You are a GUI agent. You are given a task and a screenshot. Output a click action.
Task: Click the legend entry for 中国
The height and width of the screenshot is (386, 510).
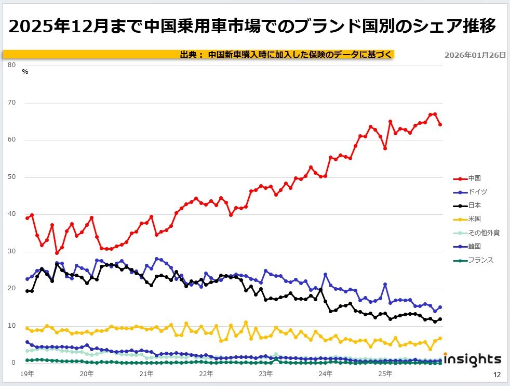click(x=473, y=178)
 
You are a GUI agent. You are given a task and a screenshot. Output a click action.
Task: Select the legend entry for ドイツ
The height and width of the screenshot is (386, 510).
click(x=477, y=192)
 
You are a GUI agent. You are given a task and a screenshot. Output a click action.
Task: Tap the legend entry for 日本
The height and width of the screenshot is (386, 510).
click(x=473, y=205)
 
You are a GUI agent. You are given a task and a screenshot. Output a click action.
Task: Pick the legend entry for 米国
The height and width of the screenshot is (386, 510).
click(x=473, y=219)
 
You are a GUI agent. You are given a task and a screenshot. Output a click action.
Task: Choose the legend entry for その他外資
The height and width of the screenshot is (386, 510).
click(x=483, y=233)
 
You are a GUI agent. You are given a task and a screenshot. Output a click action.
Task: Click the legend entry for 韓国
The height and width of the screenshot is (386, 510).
click(x=473, y=247)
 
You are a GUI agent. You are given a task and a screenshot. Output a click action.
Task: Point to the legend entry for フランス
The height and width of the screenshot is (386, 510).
click(x=480, y=260)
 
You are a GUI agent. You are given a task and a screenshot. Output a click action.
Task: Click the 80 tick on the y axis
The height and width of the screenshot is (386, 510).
click(x=12, y=66)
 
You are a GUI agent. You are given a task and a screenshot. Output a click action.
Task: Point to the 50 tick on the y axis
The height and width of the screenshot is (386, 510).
click(x=12, y=177)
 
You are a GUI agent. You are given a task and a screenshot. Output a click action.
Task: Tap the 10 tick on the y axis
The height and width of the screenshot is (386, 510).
click(x=12, y=326)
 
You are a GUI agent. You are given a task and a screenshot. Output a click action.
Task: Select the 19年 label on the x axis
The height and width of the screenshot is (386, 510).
click(x=28, y=374)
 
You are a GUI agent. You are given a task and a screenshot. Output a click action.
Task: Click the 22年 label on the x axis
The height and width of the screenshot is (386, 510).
click(x=206, y=374)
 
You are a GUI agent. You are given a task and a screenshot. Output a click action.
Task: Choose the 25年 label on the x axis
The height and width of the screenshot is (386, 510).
click(x=385, y=374)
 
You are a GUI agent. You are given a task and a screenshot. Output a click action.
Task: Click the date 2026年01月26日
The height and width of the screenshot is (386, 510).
click(x=475, y=55)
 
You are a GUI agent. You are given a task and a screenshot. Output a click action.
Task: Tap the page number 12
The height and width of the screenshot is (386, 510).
click(x=497, y=375)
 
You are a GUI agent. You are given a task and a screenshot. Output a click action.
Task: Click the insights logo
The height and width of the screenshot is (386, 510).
click(x=473, y=358)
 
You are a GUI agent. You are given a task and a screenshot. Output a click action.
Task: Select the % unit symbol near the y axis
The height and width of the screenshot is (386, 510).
click(x=25, y=72)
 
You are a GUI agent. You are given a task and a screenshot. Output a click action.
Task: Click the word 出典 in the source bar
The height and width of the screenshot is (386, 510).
click(x=188, y=54)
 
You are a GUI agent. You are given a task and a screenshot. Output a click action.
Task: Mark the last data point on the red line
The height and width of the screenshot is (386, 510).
click(x=440, y=124)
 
